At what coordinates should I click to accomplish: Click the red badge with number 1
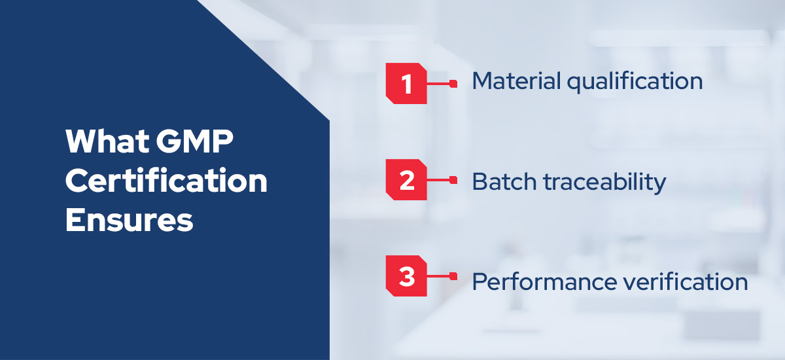coord(407,84)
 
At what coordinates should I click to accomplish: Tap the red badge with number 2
coord(407,180)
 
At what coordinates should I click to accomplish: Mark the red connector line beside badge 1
coord(441,84)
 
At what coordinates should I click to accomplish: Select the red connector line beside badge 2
coord(441,180)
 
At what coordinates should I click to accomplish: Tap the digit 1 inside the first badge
coord(407,84)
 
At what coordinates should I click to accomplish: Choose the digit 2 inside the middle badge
coord(407,180)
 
